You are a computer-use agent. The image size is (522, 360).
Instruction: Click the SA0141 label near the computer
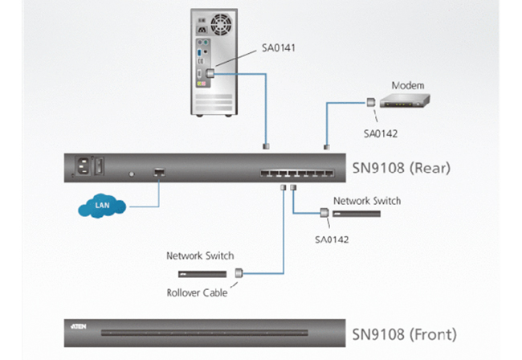click(279, 48)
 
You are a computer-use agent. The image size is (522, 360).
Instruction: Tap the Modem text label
click(408, 86)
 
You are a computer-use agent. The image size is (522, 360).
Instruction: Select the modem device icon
click(405, 101)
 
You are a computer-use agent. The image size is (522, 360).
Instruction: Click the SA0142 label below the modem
click(381, 134)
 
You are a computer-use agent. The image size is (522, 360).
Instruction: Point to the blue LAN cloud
click(102, 206)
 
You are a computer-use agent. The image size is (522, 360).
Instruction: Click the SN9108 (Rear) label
click(402, 168)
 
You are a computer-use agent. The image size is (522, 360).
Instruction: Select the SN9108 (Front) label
click(404, 334)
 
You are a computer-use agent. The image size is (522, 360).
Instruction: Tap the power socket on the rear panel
click(82, 166)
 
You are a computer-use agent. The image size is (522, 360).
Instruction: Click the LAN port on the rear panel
click(159, 173)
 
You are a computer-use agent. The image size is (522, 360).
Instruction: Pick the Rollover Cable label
click(197, 292)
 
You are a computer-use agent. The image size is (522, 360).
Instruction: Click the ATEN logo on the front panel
click(79, 326)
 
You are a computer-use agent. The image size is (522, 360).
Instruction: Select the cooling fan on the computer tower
click(221, 24)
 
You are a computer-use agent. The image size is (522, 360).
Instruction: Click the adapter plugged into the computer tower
click(210, 73)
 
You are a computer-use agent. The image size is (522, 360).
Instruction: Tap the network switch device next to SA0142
click(357, 214)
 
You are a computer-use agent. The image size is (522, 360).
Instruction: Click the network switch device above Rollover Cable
click(202, 274)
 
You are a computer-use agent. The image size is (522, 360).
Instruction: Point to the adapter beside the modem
click(371, 102)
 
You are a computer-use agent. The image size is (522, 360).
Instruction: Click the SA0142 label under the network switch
click(332, 239)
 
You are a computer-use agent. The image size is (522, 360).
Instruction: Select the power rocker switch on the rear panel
click(100, 166)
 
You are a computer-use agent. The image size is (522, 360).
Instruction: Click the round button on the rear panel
click(132, 174)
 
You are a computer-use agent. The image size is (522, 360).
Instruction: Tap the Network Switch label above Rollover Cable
click(200, 256)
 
